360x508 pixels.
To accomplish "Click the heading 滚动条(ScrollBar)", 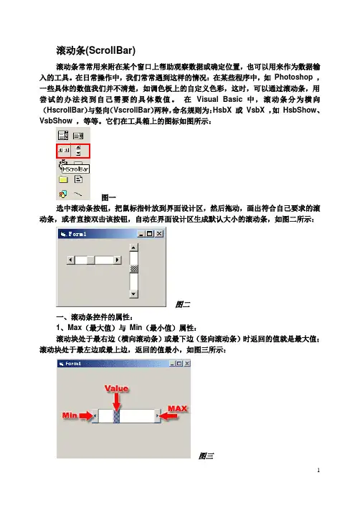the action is click(96, 50).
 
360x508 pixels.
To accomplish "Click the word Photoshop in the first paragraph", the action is click(293, 77).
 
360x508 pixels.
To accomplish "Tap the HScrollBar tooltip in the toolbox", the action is click(75, 169).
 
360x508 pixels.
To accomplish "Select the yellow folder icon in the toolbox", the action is click(63, 179).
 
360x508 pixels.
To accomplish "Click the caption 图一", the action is click(108, 197).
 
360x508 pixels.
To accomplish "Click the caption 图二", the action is click(183, 304).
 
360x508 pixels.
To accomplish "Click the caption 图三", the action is click(206, 456).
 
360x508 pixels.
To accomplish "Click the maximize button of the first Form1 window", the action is click(150, 234).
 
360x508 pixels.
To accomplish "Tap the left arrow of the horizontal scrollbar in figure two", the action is click(71, 260).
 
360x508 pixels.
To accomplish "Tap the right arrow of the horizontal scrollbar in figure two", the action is click(117, 260).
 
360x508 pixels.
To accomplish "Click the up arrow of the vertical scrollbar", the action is click(133, 248).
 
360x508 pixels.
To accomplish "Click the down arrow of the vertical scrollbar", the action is click(133, 294).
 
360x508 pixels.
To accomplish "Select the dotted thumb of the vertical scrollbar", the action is click(133, 269).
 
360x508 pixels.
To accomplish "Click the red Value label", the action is click(117, 388).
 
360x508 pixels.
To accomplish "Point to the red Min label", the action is click(70, 415).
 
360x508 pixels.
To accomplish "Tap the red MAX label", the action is click(177, 408).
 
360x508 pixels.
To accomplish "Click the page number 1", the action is click(318, 470).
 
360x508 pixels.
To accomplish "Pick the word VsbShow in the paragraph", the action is click(56, 121).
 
